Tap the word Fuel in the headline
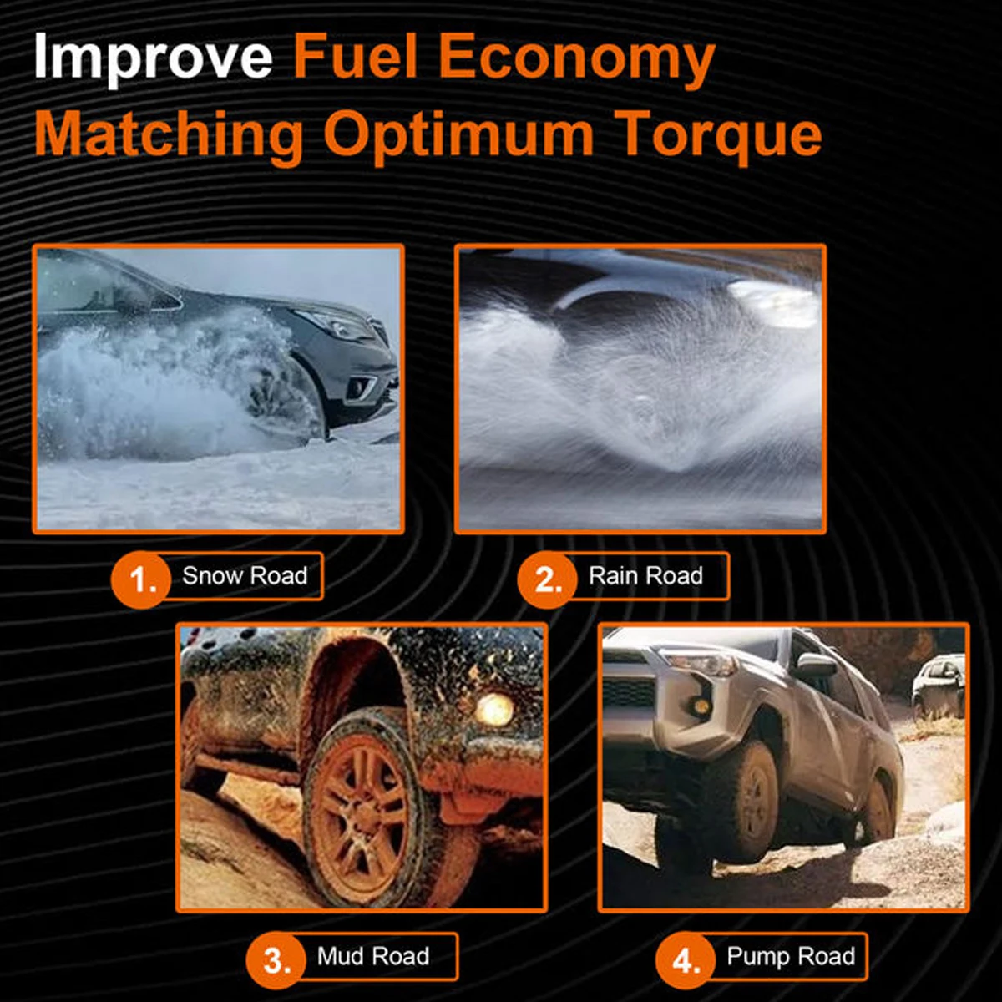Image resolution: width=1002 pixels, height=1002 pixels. click(356, 55)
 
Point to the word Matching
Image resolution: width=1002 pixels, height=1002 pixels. click(169, 136)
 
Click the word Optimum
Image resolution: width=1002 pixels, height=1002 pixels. click(458, 136)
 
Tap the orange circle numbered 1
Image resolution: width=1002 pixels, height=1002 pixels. click(140, 579)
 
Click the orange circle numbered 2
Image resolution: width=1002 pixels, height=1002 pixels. click(547, 579)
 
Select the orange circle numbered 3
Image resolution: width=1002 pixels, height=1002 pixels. click(276, 959)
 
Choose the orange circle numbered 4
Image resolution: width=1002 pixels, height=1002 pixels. click(686, 959)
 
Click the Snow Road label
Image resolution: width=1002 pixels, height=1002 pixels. click(245, 576)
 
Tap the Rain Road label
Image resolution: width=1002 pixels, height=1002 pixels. click(645, 576)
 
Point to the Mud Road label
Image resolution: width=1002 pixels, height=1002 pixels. click(373, 956)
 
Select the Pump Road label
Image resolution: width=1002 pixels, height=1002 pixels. click(791, 957)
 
